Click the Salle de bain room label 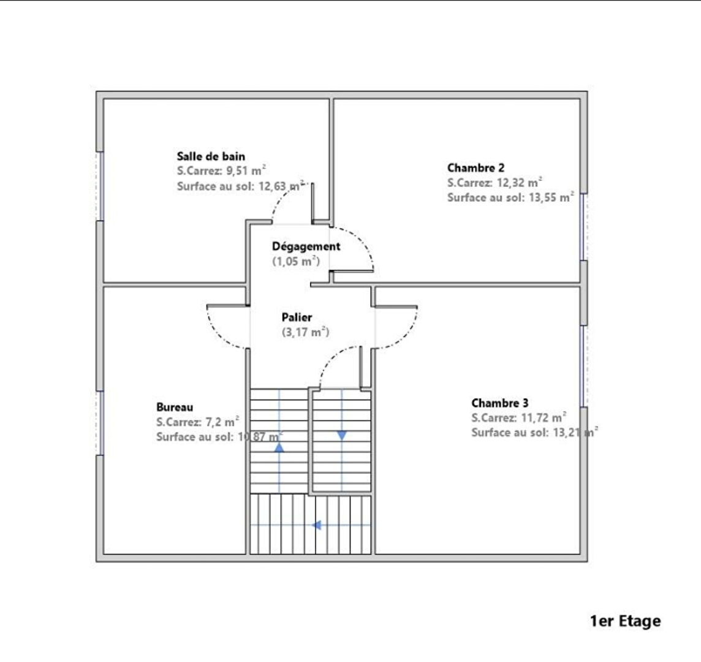point(211,156)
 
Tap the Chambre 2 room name point(476,168)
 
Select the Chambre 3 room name point(500,403)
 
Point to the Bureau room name point(175,407)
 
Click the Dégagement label point(306,246)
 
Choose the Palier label point(297,317)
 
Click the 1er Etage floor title point(625,621)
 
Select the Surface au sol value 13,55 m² point(551,197)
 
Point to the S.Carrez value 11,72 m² point(544,418)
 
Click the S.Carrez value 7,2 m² point(222,422)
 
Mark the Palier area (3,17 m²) point(305,332)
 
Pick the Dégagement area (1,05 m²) point(296,261)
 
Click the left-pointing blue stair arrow point(317,525)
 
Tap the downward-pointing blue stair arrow point(342,435)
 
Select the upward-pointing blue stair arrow point(279,447)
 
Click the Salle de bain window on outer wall point(100,186)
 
